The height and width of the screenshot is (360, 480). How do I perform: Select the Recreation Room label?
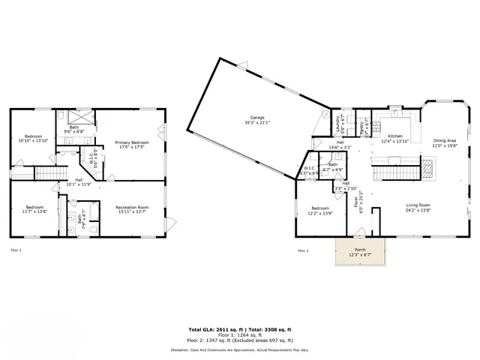pyautogui.click(x=132, y=209)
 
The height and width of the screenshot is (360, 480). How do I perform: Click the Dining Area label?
pyautogui.click(x=445, y=144)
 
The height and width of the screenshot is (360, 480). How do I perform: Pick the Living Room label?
pyautogui.click(x=397, y=207)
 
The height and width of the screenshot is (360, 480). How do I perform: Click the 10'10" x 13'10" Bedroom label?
pyautogui.click(x=33, y=138)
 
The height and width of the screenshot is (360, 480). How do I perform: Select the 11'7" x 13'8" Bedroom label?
pyautogui.click(x=33, y=209)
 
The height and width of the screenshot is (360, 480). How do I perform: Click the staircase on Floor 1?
pyautogui.click(x=46, y=173)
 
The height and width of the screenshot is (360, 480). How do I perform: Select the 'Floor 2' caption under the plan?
pyautogui.click(x=303, y=250)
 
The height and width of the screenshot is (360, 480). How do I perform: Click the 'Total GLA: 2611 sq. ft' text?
pyautogui.click(x=214, y=329)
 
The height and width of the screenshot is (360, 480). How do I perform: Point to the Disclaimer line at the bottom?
pyautogui.click(x=239, y=349)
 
